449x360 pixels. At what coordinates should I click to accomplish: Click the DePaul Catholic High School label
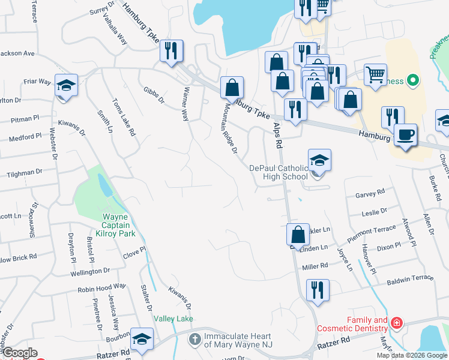(x=279, y=172)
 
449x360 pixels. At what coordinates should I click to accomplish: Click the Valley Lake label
(x=173, y=319)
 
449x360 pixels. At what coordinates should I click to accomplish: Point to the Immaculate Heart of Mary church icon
(x=194, y=340)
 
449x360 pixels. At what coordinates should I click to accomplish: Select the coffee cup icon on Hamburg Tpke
(x=406, y=135)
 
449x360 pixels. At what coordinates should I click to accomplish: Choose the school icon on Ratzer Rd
(x=142, y=340)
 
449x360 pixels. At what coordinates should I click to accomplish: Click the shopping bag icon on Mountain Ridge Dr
(x=232, y=88)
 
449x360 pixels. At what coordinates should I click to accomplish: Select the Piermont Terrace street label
(x=372, y=232)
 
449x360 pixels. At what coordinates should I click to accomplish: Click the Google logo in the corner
(x=19, y=353)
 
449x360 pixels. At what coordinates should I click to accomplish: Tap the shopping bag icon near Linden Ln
(x=298, y=235)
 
